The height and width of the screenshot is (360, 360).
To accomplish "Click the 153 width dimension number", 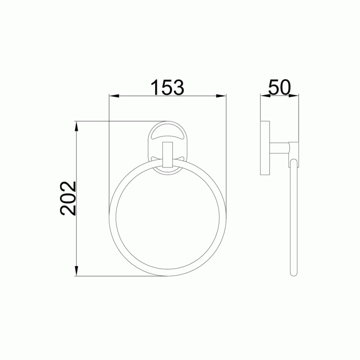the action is tap(167, 87).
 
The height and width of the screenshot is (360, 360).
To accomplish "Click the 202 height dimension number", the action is tap(68, 198).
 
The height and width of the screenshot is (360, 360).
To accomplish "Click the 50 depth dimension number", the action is tap(279, 87).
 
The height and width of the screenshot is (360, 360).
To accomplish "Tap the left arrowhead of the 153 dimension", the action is tap(114, 96).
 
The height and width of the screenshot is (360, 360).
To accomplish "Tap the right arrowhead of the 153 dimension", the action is tap(221, 96).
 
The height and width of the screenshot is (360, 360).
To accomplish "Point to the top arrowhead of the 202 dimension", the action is tap(76, 126).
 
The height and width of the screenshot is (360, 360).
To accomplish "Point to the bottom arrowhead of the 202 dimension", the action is tap(76, 271).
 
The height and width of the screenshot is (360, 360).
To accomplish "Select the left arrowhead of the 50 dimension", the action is tap(265, 96).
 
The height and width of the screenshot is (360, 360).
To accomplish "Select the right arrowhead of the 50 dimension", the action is tap(294, 96).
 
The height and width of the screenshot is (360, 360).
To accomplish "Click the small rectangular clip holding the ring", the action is tap(167, 155).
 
